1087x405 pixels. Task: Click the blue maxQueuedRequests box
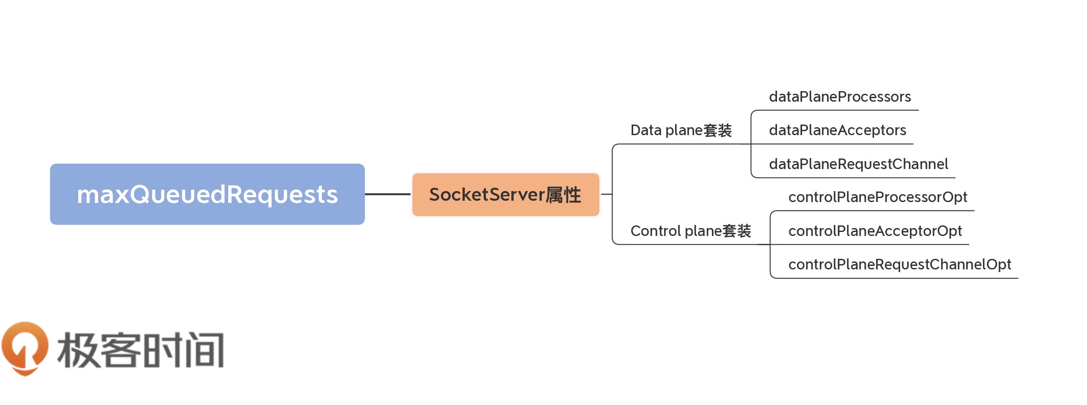(x=207, y=194)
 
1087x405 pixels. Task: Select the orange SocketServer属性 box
(x=506, y=195)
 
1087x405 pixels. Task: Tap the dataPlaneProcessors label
(x=839, y=97)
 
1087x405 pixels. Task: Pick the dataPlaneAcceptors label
(x=837, y=130)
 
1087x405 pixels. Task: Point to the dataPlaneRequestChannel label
(x=858, y=164)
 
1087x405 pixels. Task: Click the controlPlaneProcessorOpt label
(x=877, y=197)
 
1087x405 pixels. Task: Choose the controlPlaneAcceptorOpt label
(x=875, y=231)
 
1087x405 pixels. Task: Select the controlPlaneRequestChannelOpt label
(x=899, y=265)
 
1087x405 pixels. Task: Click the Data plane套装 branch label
(x=681, y=130)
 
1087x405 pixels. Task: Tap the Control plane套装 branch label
(x=690, y=231)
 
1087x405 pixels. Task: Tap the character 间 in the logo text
(x=204, y=350)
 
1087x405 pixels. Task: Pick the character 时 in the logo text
(x=163, y=350)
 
